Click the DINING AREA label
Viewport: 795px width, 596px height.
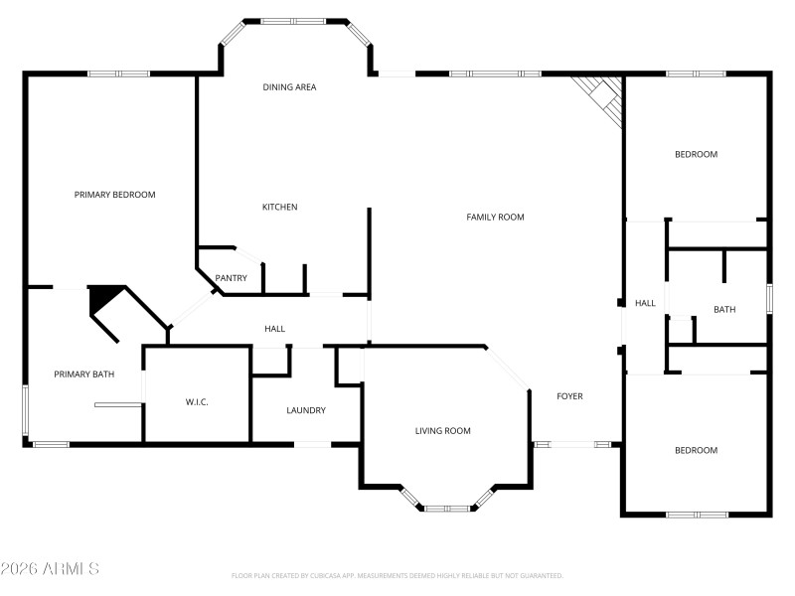[289, 87]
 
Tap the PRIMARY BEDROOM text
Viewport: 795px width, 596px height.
[114, 195]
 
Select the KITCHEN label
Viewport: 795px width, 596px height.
[279, 207]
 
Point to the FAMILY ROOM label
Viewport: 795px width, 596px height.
[495, 217]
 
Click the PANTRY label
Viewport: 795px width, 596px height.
[231, 278]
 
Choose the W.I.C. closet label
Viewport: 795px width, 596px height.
[197, 401]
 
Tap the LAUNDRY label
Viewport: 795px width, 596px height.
[305, 410]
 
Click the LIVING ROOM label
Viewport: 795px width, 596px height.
[442, 430]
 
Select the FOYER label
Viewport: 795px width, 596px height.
[569, 396]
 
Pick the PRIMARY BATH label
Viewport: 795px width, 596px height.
[83, 374]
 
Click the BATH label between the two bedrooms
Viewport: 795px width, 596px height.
[724, 310]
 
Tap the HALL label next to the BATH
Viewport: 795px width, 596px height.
[645, 303]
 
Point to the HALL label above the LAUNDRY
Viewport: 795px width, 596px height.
[274, 329]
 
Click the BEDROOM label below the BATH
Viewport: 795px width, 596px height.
[696, 450]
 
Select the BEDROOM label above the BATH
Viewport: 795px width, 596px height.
[696, 154]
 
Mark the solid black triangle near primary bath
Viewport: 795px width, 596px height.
[102, 298]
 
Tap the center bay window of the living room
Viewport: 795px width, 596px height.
[447, 509]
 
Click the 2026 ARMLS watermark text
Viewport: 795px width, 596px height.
[50, 569]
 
